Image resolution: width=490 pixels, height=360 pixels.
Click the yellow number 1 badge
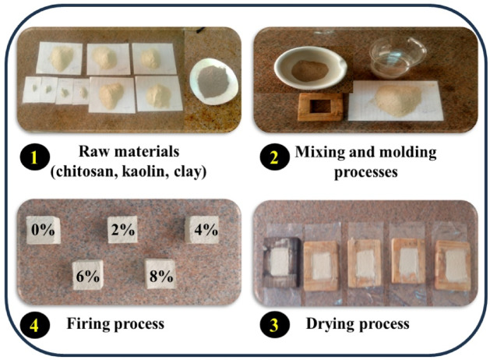[x=33, y=157]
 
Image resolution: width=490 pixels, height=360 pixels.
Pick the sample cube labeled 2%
[x=122, y=229]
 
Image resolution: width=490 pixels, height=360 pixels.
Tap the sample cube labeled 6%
[x=87, y=274]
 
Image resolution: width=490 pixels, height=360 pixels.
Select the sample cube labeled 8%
[x=160, y=274]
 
